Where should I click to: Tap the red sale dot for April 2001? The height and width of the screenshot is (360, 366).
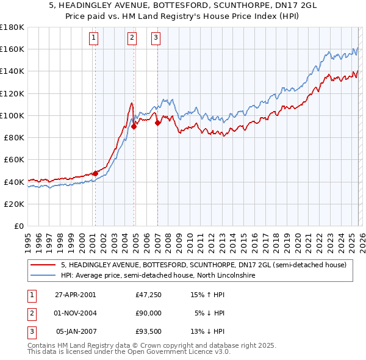coord(95,173)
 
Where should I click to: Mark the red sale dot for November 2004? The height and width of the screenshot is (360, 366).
coord(134,126)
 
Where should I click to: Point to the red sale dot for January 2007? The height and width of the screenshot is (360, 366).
coord(157,123)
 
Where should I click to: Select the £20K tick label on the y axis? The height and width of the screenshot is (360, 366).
coord(13,204)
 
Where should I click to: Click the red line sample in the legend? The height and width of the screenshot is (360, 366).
coord(43,265)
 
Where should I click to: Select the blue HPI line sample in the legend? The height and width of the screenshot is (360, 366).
coord(43,275)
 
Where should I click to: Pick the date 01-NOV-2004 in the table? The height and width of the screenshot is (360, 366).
coord(76,313)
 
